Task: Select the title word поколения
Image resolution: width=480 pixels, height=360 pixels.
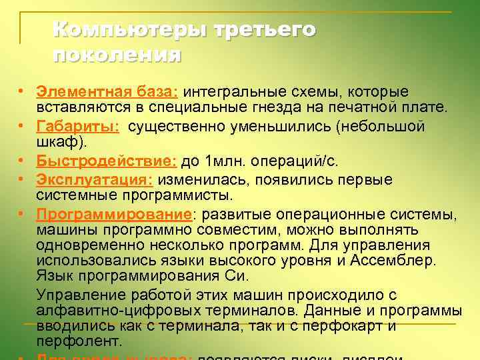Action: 116,54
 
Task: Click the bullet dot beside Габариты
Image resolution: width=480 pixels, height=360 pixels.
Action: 23,126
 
